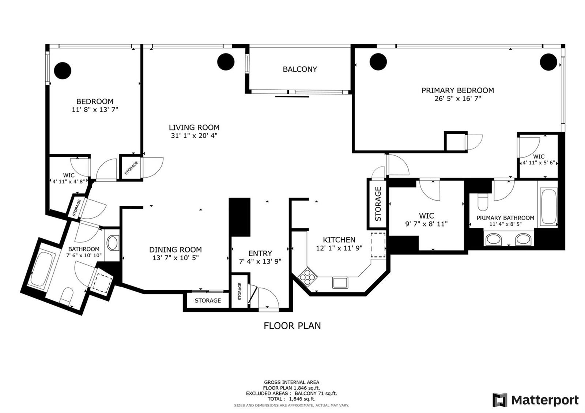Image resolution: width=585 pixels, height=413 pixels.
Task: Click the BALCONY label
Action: tap(299, 69)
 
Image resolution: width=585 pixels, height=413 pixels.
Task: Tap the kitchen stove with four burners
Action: tap(307, 277)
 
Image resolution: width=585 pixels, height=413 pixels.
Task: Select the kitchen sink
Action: tap(340, 283)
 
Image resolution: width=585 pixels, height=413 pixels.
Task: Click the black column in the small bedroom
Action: tap(63, 71)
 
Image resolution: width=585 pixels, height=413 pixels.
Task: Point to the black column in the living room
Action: tap(226, 62)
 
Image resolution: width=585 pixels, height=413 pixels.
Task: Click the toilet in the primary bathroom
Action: tap(483, 203)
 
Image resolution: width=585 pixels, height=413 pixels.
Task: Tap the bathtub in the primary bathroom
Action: tap(549, 207)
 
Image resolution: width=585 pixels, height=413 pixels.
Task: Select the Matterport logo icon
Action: tap(499, 400)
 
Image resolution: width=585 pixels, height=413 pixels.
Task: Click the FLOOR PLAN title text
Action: tap(292, 326)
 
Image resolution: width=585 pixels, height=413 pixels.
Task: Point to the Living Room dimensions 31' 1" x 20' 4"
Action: tap(194, 136)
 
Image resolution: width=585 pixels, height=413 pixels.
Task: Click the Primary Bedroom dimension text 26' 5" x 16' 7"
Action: tap(457, 99)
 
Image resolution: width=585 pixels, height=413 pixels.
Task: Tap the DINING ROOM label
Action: tap(175, 250)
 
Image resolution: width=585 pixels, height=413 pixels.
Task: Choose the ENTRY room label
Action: tap(260, 254)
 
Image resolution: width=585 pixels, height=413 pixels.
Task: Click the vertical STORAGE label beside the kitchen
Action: tap(378, 204)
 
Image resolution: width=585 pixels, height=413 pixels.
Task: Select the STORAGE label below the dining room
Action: tap(208, 301)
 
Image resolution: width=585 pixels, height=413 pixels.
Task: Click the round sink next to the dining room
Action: tap(113, 243)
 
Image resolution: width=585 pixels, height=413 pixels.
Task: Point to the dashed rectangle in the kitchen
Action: tap(378, 245)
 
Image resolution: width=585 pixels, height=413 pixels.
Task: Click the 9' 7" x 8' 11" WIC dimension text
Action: tap(426, 224)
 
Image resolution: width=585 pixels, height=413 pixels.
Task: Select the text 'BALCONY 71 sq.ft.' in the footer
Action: tap(316, 393)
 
